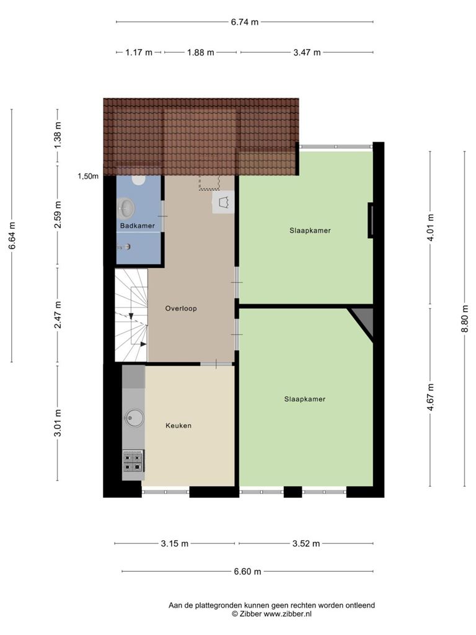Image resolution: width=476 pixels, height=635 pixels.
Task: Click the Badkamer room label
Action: (137, 226)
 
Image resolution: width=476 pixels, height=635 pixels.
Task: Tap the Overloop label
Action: (181, 308)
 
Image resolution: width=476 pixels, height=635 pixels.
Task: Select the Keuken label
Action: (178, 425)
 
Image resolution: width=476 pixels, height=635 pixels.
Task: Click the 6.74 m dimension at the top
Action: (244, 22)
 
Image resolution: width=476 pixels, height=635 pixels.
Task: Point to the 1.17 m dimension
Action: (139, 52)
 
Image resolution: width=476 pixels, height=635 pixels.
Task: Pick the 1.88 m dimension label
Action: (200, 52)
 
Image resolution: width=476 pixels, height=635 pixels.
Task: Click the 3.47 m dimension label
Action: (307, 52)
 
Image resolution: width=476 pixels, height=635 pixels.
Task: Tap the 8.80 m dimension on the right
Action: (465, 318)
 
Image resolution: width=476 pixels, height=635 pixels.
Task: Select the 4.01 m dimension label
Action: (430, 228)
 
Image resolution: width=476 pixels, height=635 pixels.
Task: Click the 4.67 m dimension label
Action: (430, 397)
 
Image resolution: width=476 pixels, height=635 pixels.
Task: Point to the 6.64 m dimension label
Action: (12, 236)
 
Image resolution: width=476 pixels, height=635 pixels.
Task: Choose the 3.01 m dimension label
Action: (58, 423)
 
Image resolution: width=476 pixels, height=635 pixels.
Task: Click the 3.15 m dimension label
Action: (174, 543)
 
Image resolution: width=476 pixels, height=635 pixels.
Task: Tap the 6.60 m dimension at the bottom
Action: (247, 571)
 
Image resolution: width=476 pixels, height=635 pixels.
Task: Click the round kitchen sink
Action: (134, 417)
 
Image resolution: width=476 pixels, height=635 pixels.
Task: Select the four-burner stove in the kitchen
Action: (133, 461)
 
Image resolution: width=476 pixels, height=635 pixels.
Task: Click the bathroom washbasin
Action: (126, 208)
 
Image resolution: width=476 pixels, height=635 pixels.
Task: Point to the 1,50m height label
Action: (88, 176)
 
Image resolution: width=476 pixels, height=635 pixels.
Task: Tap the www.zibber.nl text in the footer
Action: (288, 614)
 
